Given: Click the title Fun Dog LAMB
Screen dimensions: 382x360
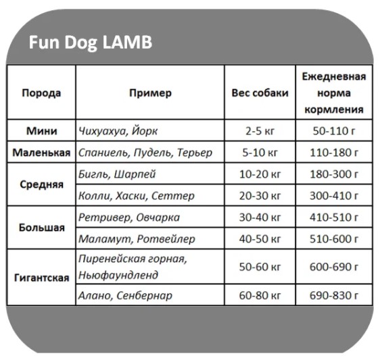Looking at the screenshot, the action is click(90, 43).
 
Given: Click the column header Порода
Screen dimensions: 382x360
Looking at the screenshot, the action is click(41, 93).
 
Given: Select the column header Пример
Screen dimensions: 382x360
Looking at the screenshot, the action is click(150, 93).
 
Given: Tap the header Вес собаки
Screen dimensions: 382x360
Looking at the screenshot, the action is click(260, 93).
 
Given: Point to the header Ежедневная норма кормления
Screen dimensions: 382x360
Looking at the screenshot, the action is click(334, 93).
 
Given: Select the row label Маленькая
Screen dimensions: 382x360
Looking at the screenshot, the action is click(41, 153).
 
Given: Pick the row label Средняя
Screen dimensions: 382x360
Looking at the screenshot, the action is click(41, 184).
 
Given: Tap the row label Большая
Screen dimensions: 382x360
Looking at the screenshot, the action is click(41, 228).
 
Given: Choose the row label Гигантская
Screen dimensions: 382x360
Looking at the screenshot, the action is click(41, 278).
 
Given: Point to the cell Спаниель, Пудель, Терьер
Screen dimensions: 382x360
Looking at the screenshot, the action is click(145, 153).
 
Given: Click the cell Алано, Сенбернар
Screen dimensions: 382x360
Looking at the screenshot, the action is click(125, 295).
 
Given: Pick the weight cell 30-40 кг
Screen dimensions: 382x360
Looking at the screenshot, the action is click(260, 217).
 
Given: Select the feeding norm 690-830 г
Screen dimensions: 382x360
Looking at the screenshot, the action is click(334, 295).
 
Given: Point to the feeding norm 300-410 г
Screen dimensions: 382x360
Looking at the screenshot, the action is click(334, 196).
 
